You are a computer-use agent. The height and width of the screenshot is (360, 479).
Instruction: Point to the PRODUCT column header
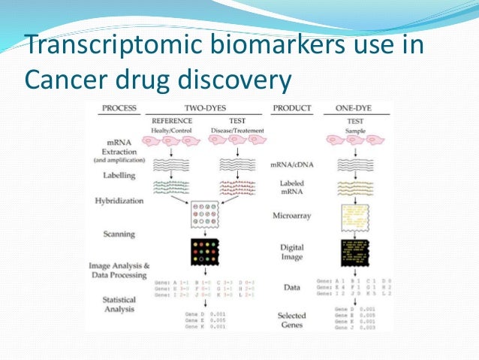tap(292, 108)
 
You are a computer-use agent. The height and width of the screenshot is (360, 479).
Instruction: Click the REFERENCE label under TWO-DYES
tap(172, 119)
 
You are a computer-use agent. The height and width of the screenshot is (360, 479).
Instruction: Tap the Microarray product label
tap(292, 216)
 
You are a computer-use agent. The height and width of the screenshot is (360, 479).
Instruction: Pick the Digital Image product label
tap(292, 251)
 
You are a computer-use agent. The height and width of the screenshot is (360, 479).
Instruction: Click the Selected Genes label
tap(292, 319)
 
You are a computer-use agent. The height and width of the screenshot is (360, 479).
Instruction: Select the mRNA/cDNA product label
tap(292, 164)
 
